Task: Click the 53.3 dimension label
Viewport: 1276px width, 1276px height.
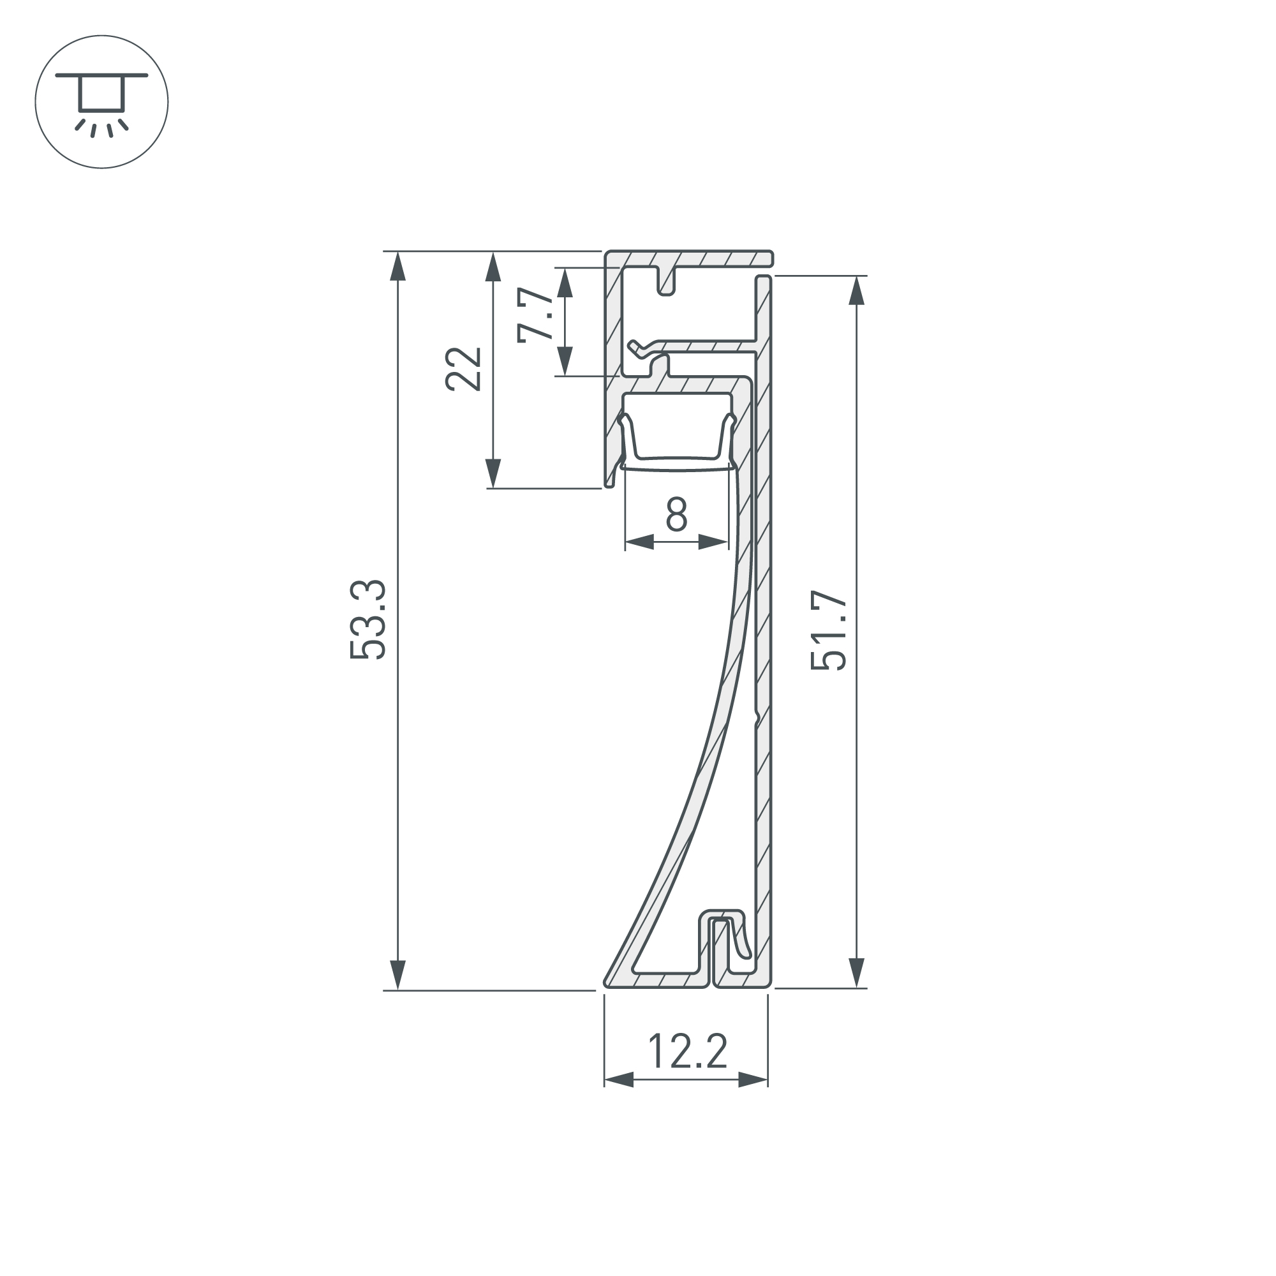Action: click(367, 619)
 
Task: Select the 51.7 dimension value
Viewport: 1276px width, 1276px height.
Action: click(828, 632)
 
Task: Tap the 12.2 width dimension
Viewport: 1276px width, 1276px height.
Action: click(688, 1050)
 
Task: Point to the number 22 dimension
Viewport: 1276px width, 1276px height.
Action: click(463, 369)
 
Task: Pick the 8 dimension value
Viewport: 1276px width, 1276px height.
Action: click(677, 514)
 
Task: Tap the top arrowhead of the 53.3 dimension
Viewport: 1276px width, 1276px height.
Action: click(397, 267)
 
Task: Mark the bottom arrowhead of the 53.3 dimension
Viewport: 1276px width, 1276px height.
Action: click(397, 975)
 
